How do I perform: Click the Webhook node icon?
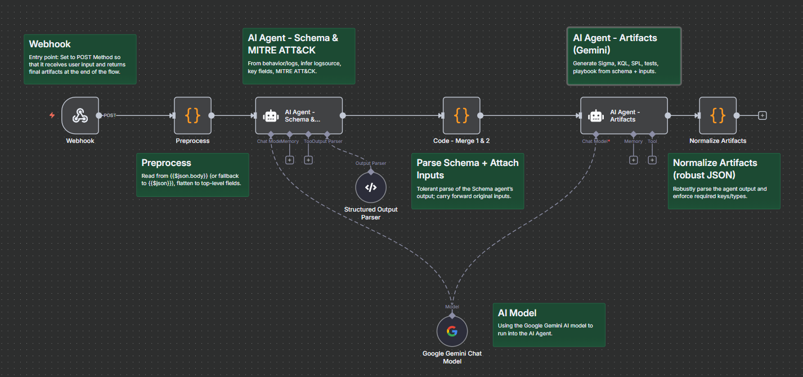(x=80, y=115)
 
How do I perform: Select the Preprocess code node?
(x=192, y=115)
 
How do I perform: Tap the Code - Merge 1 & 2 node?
(x=461, y=115)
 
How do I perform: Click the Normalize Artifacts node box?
(x=717, y=115)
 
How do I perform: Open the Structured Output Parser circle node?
(x=370, y=188)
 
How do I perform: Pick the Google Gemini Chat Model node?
(x=452, y=331)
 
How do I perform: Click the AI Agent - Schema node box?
(x=299, y=115)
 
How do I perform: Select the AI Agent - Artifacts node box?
(x=623, y=115)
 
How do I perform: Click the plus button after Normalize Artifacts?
(x=762, y=115)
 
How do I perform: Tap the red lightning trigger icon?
(x=52, y=115)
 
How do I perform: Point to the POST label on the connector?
(x=110, y=115)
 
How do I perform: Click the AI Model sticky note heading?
(x=517, y=313)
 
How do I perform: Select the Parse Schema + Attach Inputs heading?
(x=467, y=169)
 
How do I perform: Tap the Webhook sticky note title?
(x=50, y=44)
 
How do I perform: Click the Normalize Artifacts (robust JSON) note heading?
(x=715, y=169)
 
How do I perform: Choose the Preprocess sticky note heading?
(x=166, y=163)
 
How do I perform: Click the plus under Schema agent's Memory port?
(x=289, y=160)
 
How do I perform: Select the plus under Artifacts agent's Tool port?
(x=652, y=160)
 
